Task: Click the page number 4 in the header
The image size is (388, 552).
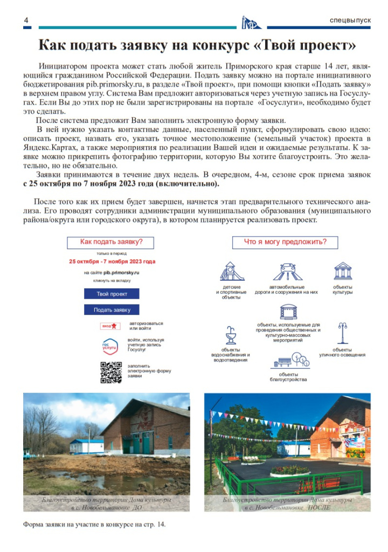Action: (26, 20)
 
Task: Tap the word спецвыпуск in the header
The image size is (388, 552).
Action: (350, 20)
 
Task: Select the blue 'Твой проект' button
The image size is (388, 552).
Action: (112, 294)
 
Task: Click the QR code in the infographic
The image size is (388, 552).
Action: (111, 372)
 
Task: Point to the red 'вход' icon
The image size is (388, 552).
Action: (110, 326)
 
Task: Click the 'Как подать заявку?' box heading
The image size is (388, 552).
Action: (112, 242)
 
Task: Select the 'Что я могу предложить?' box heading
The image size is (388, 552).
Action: (285, 242)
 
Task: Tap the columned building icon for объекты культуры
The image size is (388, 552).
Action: (343, 271)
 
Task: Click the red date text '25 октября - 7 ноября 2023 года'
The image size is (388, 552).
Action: (112, 261)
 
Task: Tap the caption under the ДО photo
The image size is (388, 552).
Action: (106, 504)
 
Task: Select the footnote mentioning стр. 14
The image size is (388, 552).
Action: (94, 523)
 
